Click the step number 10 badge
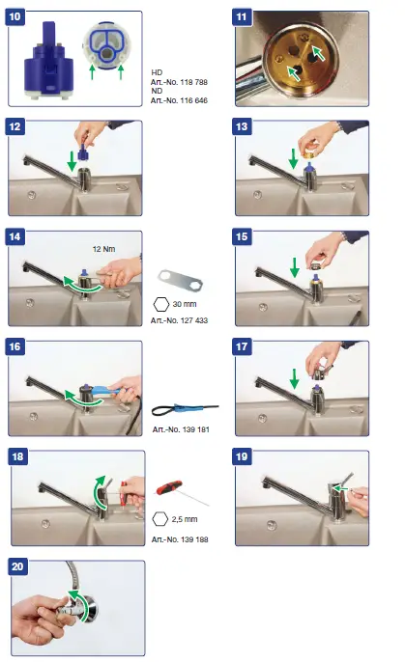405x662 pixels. coord(16,18)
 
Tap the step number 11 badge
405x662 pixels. coord(243,18)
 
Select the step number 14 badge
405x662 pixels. coord(16,237)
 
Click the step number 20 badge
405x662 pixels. coord(16,568)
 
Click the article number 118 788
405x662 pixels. coord(177,84)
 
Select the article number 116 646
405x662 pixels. coord(177,100)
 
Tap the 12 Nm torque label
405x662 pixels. coord(105,248)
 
